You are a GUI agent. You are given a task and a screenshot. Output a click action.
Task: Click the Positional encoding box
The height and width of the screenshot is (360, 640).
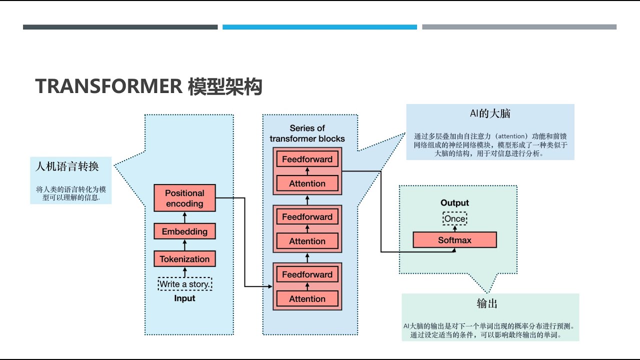pos(184,198)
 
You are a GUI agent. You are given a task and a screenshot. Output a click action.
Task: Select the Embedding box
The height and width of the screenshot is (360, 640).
pos(184,231)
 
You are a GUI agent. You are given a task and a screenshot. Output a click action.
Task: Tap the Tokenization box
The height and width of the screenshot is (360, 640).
pos(184,259)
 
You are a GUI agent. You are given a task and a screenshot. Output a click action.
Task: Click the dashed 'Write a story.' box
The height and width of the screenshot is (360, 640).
pos(184,284)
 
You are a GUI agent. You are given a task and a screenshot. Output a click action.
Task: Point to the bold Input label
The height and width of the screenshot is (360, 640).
pos(184,298)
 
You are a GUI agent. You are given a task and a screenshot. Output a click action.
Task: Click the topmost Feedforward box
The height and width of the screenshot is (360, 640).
pos(307,159)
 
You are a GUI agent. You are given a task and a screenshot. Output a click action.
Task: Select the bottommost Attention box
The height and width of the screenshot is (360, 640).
pos(307,299)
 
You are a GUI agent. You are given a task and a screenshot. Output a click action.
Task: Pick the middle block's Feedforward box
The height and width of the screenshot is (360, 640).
pos(307,217)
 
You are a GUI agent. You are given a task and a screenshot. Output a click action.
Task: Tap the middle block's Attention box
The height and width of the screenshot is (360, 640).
pos(307,241)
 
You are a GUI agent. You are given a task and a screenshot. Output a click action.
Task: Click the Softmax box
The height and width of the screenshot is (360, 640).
pos(454,240)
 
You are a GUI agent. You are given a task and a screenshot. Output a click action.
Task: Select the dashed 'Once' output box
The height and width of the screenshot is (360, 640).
pos(454,218)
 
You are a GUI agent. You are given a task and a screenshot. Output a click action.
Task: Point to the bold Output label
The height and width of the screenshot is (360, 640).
pos(454,203)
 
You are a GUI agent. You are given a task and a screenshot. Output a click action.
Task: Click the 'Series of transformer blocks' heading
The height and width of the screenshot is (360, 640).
pos(307,133)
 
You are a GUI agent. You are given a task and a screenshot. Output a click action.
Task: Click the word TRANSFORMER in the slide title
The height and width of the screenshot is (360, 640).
pos(108,86)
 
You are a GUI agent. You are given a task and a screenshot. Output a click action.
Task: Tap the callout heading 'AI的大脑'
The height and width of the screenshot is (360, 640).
pos(490,114)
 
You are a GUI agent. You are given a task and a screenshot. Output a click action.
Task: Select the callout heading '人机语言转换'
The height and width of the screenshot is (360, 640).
pos(67,166)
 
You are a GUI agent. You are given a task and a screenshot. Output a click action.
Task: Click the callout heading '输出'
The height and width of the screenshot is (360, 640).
pos(486,303)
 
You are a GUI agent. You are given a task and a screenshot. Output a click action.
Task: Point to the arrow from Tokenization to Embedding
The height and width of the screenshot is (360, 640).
pos(184,245)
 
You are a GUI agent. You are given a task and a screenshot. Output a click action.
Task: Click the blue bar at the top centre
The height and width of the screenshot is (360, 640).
pos(319,27)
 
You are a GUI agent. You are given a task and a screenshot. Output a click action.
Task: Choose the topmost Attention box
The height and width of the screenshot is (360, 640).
pos(307,183)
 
